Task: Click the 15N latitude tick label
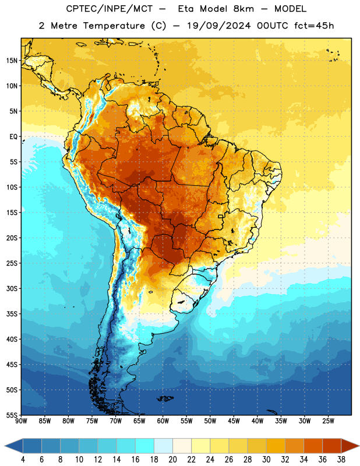tap(12, 61)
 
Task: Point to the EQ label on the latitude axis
tap(13, 137)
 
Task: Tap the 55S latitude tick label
tap(12, 415)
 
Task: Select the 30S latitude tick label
tap(12, 288)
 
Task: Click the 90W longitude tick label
tap(21, 421)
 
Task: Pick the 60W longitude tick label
tap(163, 421)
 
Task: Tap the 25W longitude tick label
tap(328, 421)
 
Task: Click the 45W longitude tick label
tap(234, 421)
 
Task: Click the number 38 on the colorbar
tap(341, 460)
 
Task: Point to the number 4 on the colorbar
tap(23, 460)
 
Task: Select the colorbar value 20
tap(172, 460)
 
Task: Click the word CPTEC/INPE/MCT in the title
tap(109, 9)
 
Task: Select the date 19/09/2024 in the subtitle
tap(219, 26)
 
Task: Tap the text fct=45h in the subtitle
tap(314, 26)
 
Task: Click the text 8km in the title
tap(243, 9)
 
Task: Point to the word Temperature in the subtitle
tap(114, 26)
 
